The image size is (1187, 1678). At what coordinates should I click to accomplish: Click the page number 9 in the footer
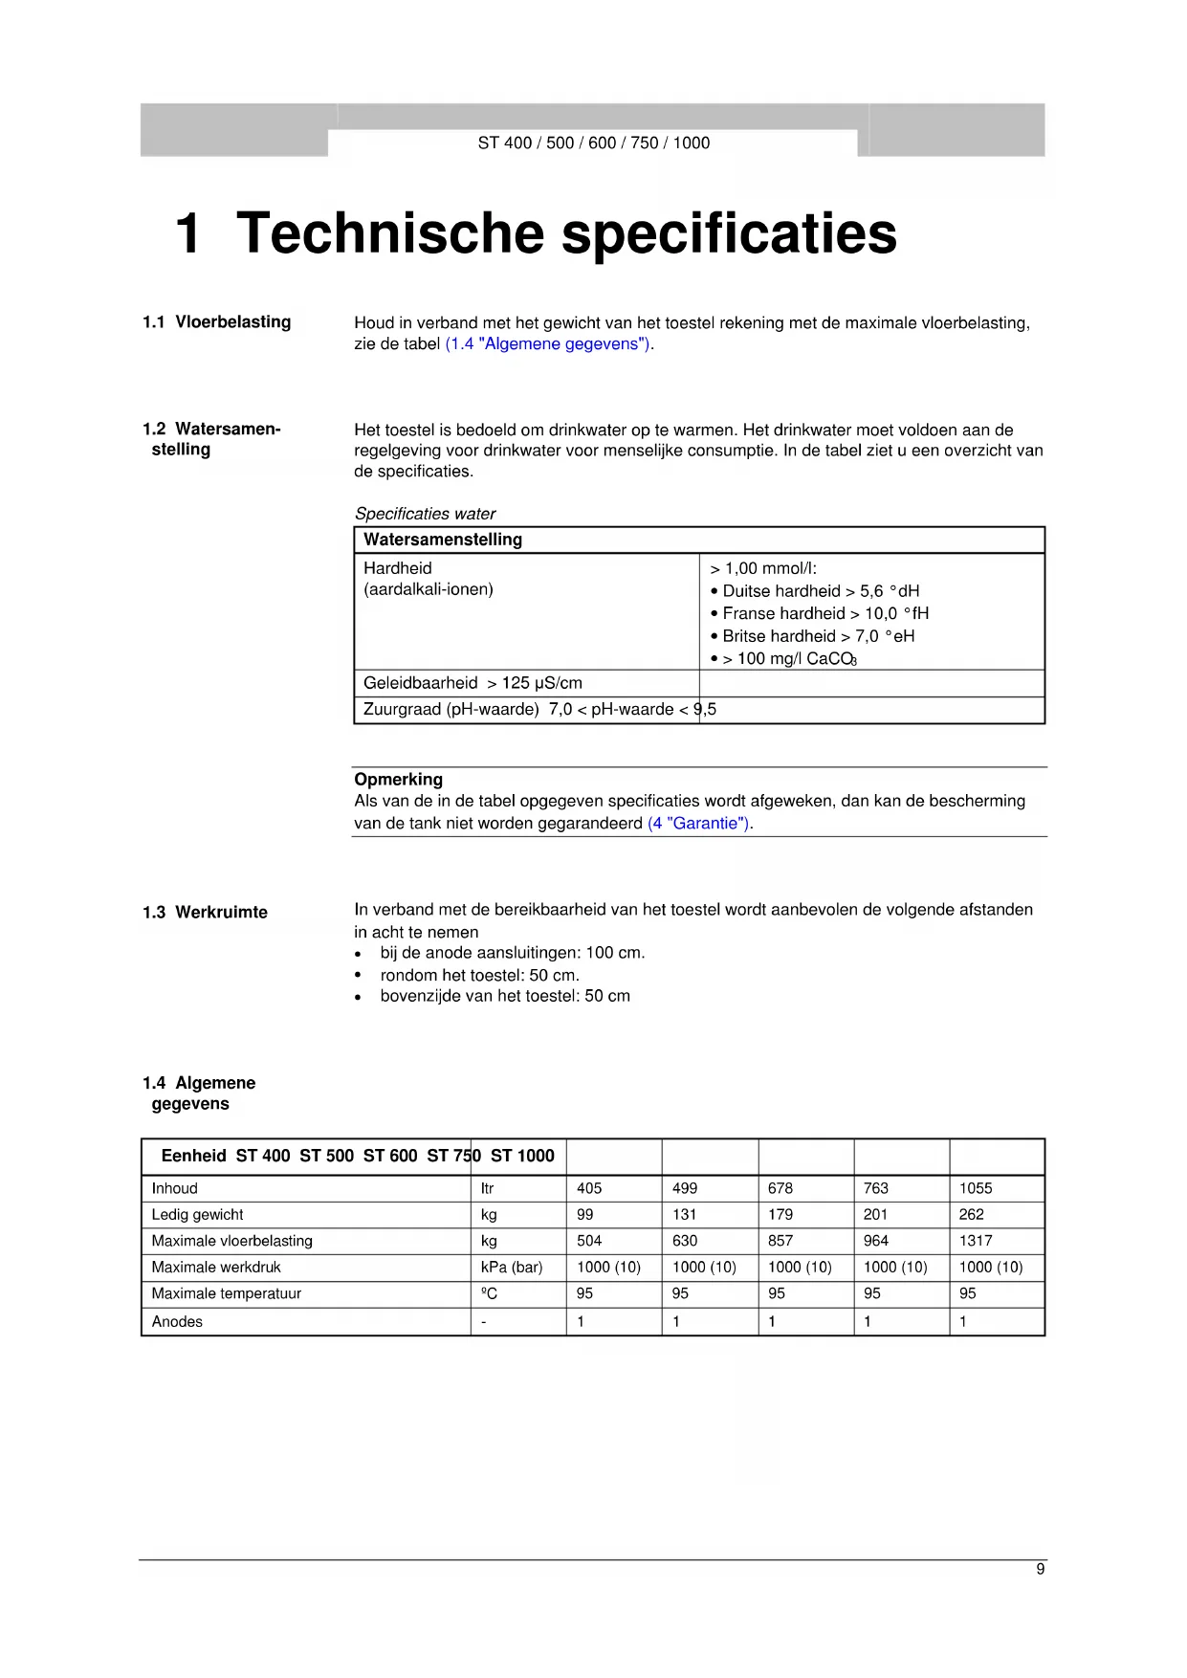coord(1040,1569)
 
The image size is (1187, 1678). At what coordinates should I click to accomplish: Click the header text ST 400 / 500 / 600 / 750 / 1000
coord(593,144)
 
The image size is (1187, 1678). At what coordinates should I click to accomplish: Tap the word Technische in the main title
coord(389,233)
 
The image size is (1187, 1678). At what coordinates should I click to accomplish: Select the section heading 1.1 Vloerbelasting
coord(217,322)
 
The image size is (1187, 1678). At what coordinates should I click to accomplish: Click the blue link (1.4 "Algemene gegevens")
coord(549,344)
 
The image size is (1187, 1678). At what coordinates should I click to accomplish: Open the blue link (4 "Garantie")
coord(700,824)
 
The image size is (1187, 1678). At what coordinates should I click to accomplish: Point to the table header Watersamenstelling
coord(443,540)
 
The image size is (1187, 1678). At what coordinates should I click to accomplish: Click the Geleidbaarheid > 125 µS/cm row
coord(473,683)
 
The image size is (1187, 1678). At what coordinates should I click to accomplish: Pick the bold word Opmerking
coord(398,780)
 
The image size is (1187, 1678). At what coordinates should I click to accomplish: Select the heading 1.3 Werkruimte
coord(206,913)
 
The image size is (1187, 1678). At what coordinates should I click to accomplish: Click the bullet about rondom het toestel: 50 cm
coord(479,976)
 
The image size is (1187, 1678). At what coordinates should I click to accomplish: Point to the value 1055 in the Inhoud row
coord(976,1188)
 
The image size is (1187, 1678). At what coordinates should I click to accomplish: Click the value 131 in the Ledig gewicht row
coord(684,1215)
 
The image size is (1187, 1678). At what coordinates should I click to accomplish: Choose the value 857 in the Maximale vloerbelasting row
coord(780,1241)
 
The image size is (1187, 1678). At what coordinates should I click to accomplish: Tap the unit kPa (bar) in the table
coord(512,1268)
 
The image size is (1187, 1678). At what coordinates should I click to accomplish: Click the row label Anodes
coord(177,1322)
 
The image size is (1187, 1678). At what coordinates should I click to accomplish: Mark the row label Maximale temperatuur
coord(226,1293)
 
